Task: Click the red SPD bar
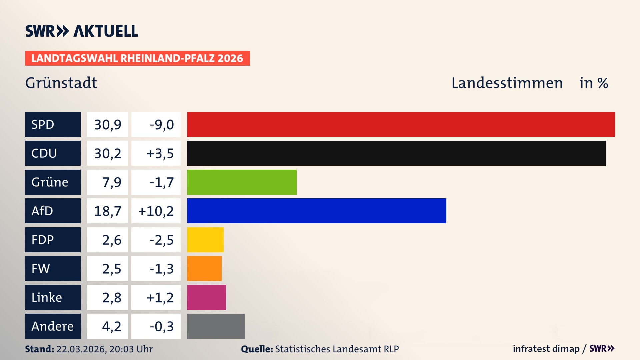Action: pos(401,124)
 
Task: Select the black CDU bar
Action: pos(396,153)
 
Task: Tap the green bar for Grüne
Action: pos(242,182)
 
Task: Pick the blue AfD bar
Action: pos(316,211)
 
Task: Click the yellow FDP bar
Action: pos(205,240)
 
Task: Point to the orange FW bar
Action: pos(204,268)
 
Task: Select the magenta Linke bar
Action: pos(206,297)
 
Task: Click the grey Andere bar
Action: pos(216,326)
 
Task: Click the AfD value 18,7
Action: pos(107,211)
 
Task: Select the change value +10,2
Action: pos(156,211)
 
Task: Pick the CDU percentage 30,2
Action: pos(107,153)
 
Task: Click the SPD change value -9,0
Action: pos(161,125)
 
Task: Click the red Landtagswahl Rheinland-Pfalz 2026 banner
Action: pos(137,58)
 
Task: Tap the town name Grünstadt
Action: pos(61,83)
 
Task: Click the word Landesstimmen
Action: pos(507,83)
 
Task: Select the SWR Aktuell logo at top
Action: pos(82,31)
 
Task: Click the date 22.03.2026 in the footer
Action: pos(81,349)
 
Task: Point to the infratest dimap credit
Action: pos(546,349)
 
